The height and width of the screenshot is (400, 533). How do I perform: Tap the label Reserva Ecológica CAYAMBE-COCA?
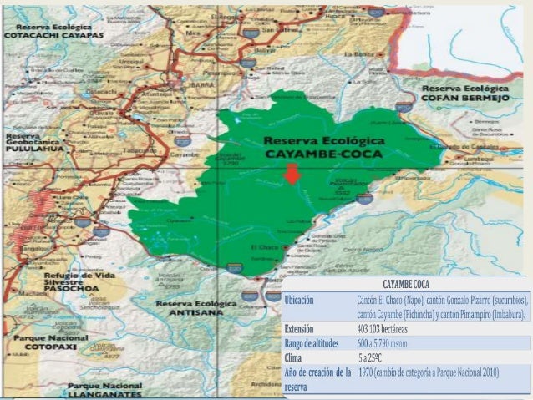point(322,147)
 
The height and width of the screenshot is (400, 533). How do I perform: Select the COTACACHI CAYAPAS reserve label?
point(53,31)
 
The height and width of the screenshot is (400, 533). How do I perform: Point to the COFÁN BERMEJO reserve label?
point(465,94)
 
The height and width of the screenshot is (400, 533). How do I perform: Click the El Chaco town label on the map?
point(261,247)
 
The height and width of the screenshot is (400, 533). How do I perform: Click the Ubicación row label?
point(300,299)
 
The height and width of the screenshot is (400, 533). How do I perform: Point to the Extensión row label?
point(299,328)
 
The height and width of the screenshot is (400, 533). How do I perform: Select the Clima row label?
point(294,357)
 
